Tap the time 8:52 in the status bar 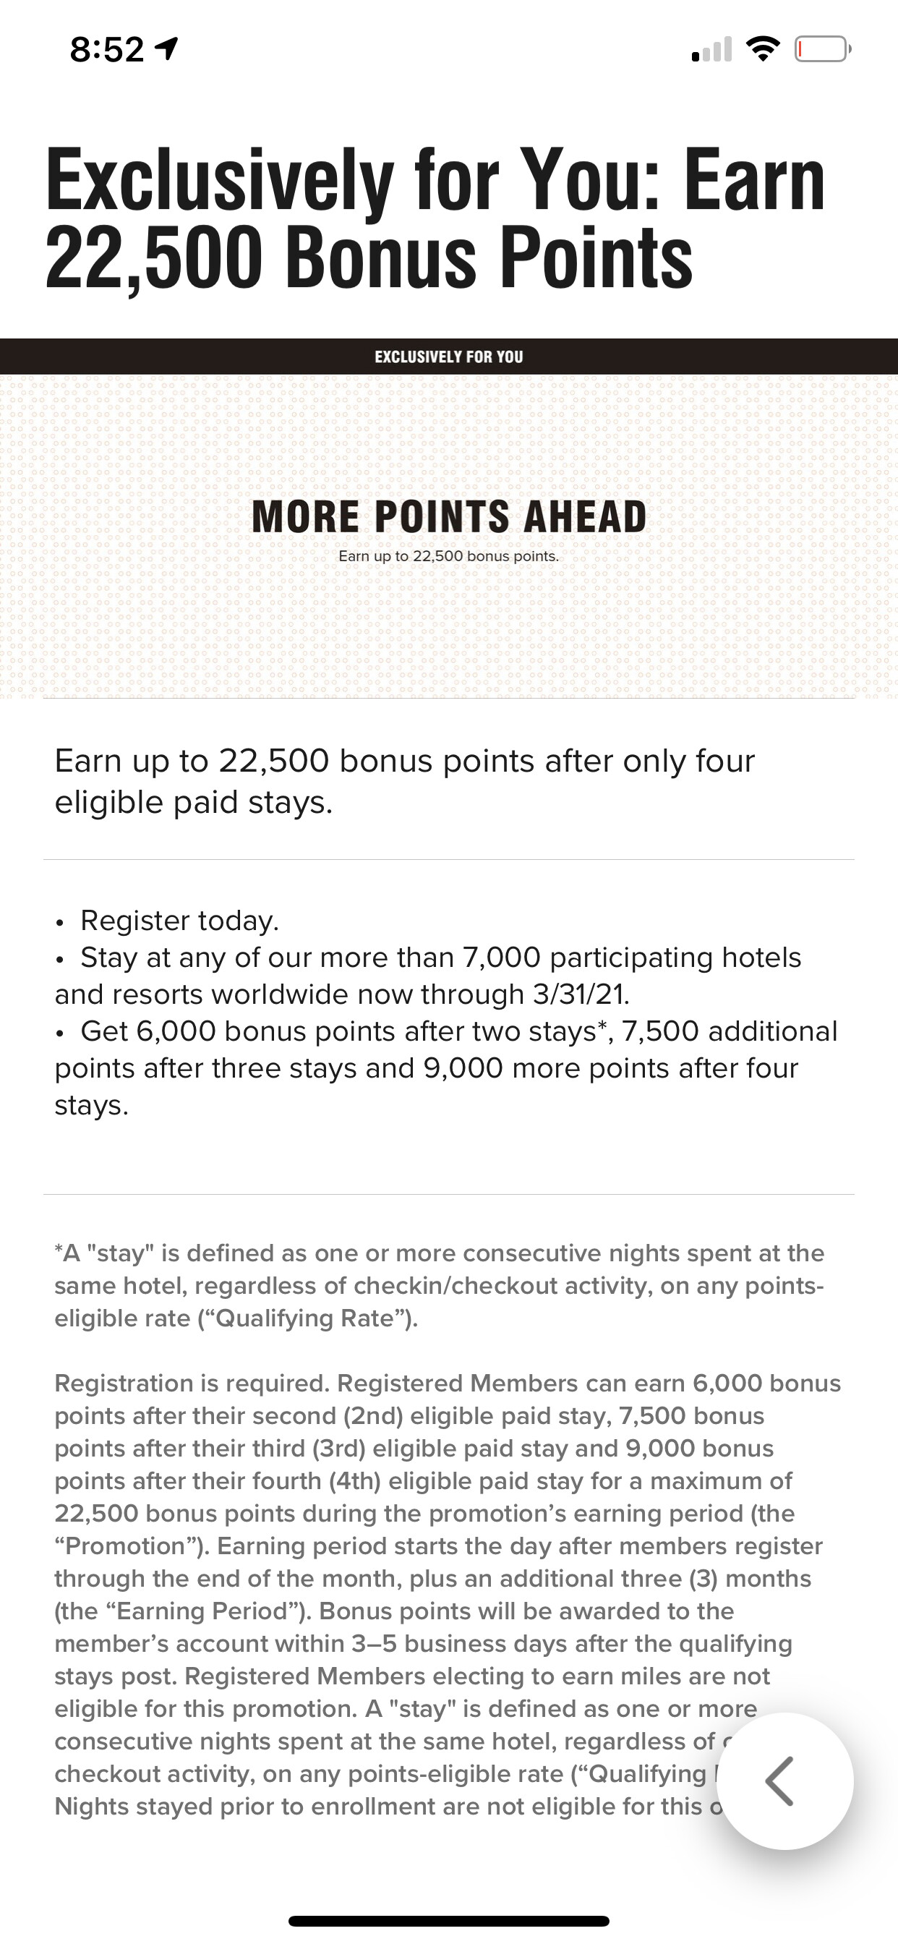point(106,51)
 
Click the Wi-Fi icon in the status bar point(763,50)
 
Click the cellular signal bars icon point(711,50)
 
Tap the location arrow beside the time point(167,50)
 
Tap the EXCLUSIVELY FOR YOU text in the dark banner point(449,357)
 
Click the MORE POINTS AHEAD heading point(449,517)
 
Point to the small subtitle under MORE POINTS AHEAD point(449,557)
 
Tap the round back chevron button point(784,1781)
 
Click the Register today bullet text point(179,921)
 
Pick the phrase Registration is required point(192,1384)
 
